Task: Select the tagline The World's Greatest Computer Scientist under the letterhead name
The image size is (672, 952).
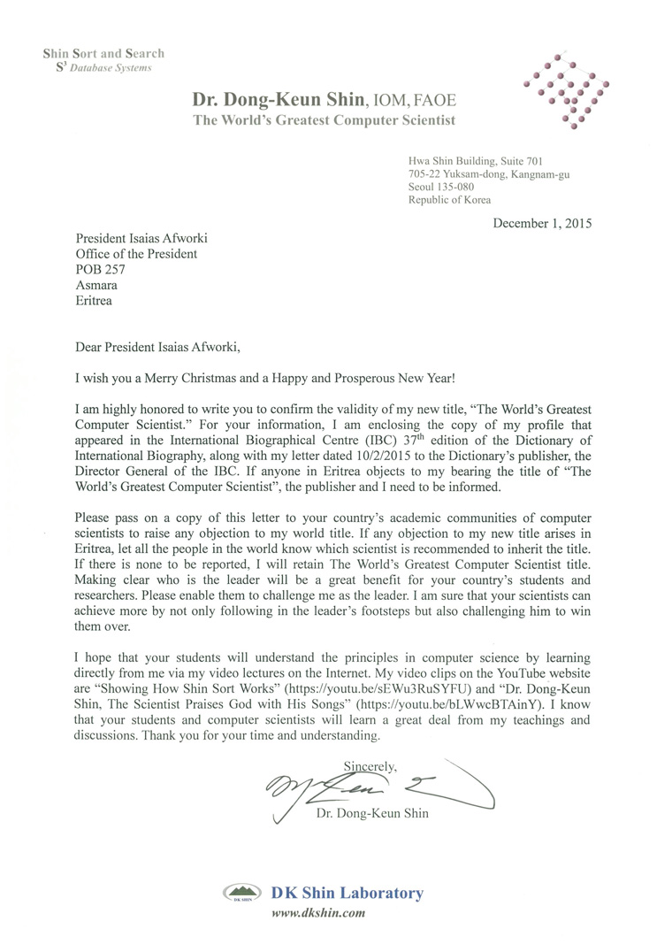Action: pyautogui.click(x=325, y=120)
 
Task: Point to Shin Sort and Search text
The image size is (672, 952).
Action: pyautogui.click(x=103, y=54)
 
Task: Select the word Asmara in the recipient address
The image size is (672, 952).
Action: pyautogui.click(x=96, y=286)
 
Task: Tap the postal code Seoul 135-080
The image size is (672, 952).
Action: pyautogui.click(x=440, y=188)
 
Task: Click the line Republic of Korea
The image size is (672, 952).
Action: pyautogui.click(x=449, y=201)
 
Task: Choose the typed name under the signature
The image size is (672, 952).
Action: pyautogui.click(x=372, y=813)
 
